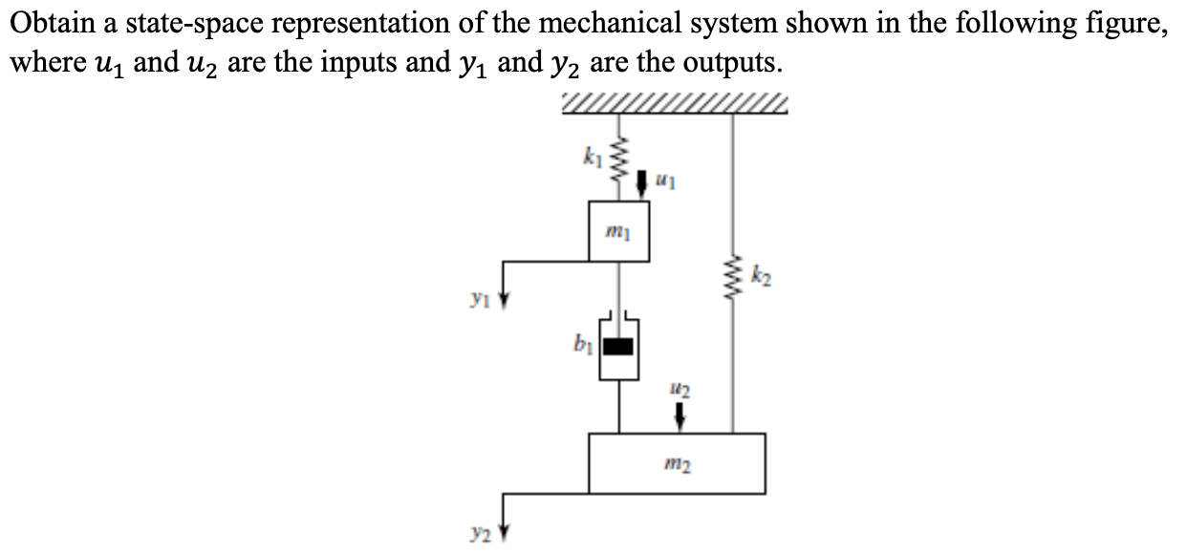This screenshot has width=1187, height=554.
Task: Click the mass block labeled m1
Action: tap(619, 231)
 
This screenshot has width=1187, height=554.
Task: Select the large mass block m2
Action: tap(676, 463)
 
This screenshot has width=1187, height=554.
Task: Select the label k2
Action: tap(759, 279)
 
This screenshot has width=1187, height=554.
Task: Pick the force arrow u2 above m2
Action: tap(680, 415)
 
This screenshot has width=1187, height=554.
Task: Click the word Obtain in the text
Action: tap(47, 23)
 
